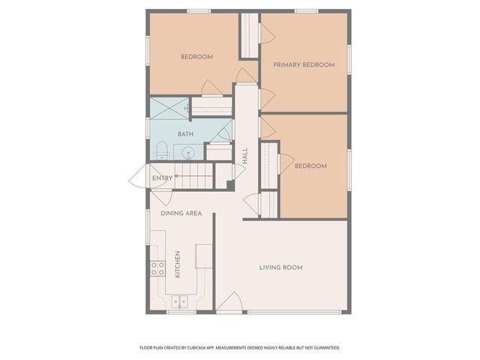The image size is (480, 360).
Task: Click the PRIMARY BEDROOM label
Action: (x=304, y=65)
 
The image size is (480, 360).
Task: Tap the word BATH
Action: (x=185, y=134)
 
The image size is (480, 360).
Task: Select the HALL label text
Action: (x=245, y=156)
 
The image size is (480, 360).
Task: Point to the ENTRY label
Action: (x=162, y=178)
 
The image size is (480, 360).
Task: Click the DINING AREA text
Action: (x=181, y=213)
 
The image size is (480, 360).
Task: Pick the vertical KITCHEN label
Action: (x=178, y=263)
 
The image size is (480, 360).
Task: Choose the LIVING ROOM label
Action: (x=281, y=268)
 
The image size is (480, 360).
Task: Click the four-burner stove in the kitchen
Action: (x=157, y=268)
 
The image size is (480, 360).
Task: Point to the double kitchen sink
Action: (x=180, y=301)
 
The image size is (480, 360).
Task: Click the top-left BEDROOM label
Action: (x=196, y=57)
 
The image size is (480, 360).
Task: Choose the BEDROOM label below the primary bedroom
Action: (x=310, y=166)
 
